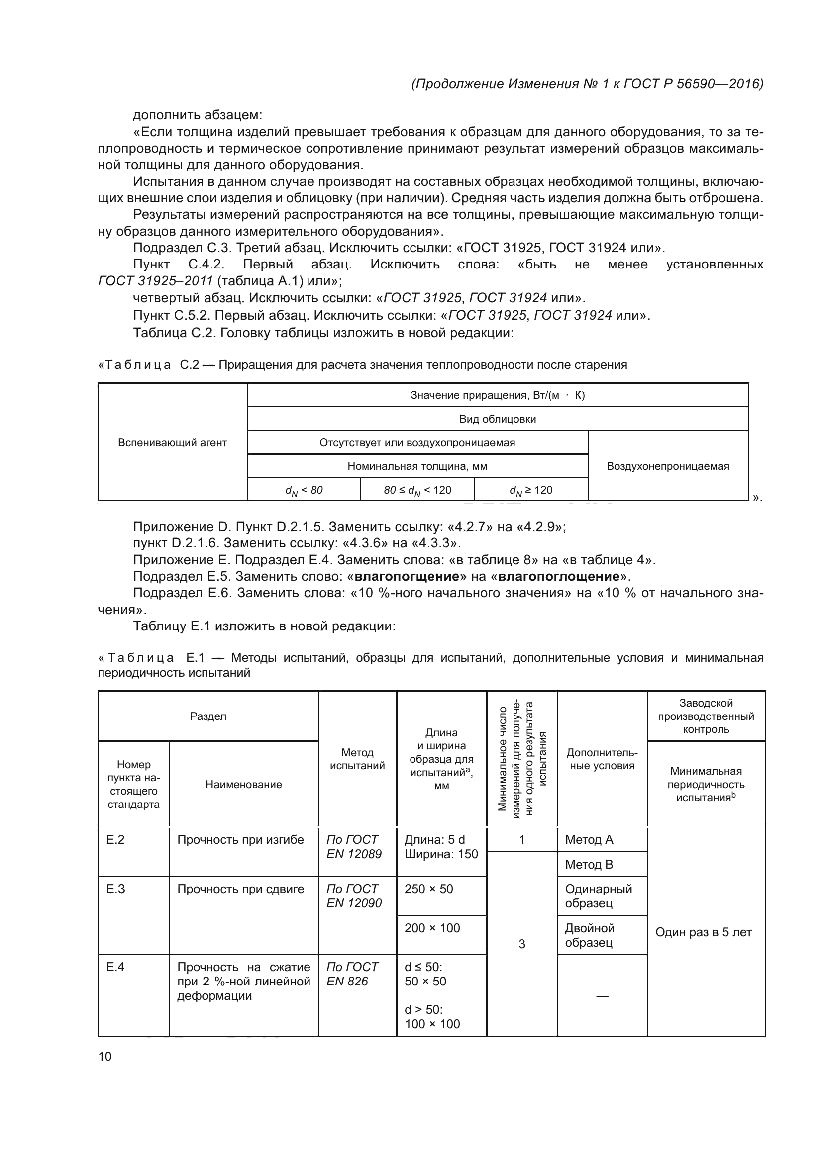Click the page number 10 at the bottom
[x=105, y=1056]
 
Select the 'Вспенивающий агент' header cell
[x=172, y=442]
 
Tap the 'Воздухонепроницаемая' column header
[x=667, y=466]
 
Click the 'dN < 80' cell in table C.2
[x=304, y=490]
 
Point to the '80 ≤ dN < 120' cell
[x=417, y=490]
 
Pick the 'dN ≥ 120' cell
[x=530, y=490]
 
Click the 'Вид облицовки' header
[x=497, y=419]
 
